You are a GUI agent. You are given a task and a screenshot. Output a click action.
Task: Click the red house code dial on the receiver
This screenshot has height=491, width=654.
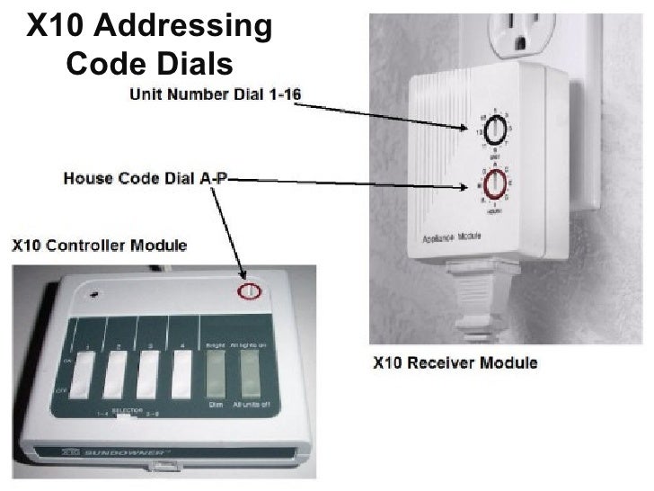pyautogui.click(x=492, y=185)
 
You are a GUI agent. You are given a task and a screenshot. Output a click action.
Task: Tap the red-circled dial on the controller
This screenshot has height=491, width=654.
pyautogui.click(x=249, y=290)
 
